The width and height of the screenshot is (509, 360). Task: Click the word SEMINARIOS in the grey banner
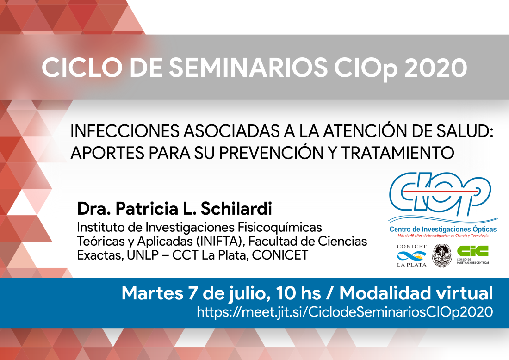click(x=248, y=68)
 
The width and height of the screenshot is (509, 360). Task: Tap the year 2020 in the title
click(x=436, y=68)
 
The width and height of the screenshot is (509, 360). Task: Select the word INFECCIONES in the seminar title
click(x=125, y=131)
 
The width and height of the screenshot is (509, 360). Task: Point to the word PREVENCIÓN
click(x=271, y=153)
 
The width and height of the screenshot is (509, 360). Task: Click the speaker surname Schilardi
click(x=236, y=209)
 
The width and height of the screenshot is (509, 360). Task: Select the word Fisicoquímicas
click(x=280, y=228)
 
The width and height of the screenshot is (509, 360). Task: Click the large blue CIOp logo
click(x=440, y=194)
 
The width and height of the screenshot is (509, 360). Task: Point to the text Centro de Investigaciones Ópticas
click(x=443, y=229)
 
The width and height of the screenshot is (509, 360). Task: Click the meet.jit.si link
click(x=345, y=312)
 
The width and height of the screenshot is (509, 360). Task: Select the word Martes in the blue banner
click(x=153, y=293)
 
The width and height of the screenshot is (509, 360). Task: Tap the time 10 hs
click(x=298, y=293)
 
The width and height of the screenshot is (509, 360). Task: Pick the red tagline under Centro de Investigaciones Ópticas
click(x=443, y=236)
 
